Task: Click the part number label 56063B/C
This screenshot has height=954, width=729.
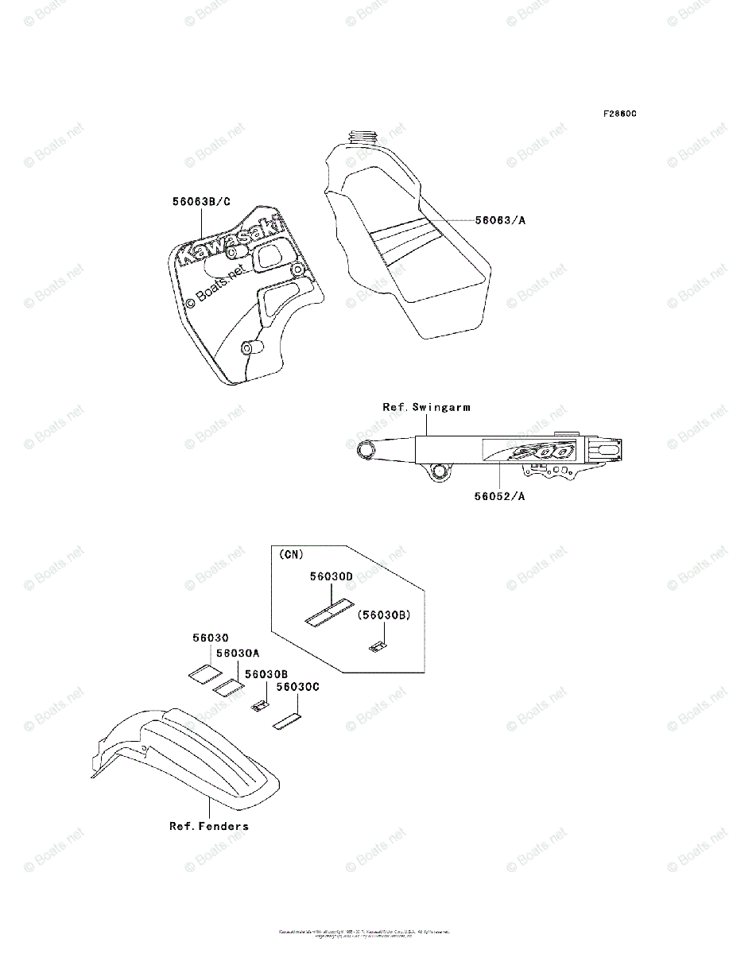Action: pyautogui.click(x=201, y=202)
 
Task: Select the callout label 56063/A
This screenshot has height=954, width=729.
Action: pyautogui.click(x=500, y=220)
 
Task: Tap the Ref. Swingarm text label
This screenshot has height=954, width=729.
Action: pyautogui.click(x=426, y=407)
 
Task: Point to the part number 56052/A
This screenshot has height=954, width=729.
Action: pyautogui.click(x=500, y=497)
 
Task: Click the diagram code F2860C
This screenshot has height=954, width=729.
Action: pyautogui.click(x=619, y=114)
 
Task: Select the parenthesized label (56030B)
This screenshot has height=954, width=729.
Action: pyautogui.click(x=382, y=615)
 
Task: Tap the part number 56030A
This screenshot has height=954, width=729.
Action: pyautogui.click(x=238, y=653)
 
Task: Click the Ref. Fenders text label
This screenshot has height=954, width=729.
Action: pyautogui.click(x=209, y=826)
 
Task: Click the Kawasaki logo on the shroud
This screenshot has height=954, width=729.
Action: pyautogui.click(x=231, y=240)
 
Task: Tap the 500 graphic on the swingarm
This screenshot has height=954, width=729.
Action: pyautogui.click(x=541, y=451)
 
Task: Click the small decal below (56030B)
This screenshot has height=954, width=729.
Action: pyautogui.click(x=378, y=646)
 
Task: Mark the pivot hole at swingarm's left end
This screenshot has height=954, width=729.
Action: pyautogui.click(x=368, y=452)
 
